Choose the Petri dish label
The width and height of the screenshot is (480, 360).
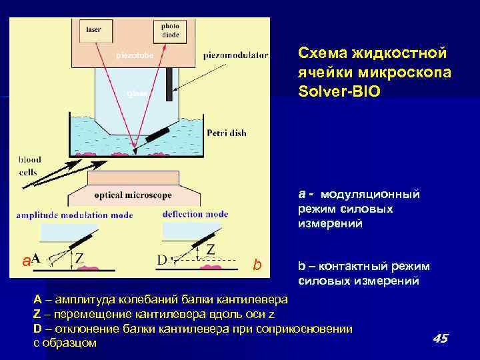click(x=227, y=133)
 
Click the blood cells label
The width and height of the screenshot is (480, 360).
click(x=29, y=165)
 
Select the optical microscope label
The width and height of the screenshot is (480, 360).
click(x=133, y=195)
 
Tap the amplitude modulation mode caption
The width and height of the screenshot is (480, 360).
click(x=75, y=215)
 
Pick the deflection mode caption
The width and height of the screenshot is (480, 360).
click(x=195, y=214)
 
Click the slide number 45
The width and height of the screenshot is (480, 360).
click(x=440, y=339)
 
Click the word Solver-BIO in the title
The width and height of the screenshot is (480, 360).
click(x=339, y=90)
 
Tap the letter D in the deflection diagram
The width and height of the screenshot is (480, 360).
click(x=162, y=259)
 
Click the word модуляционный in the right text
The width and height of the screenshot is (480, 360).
click(x=370, y=195)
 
